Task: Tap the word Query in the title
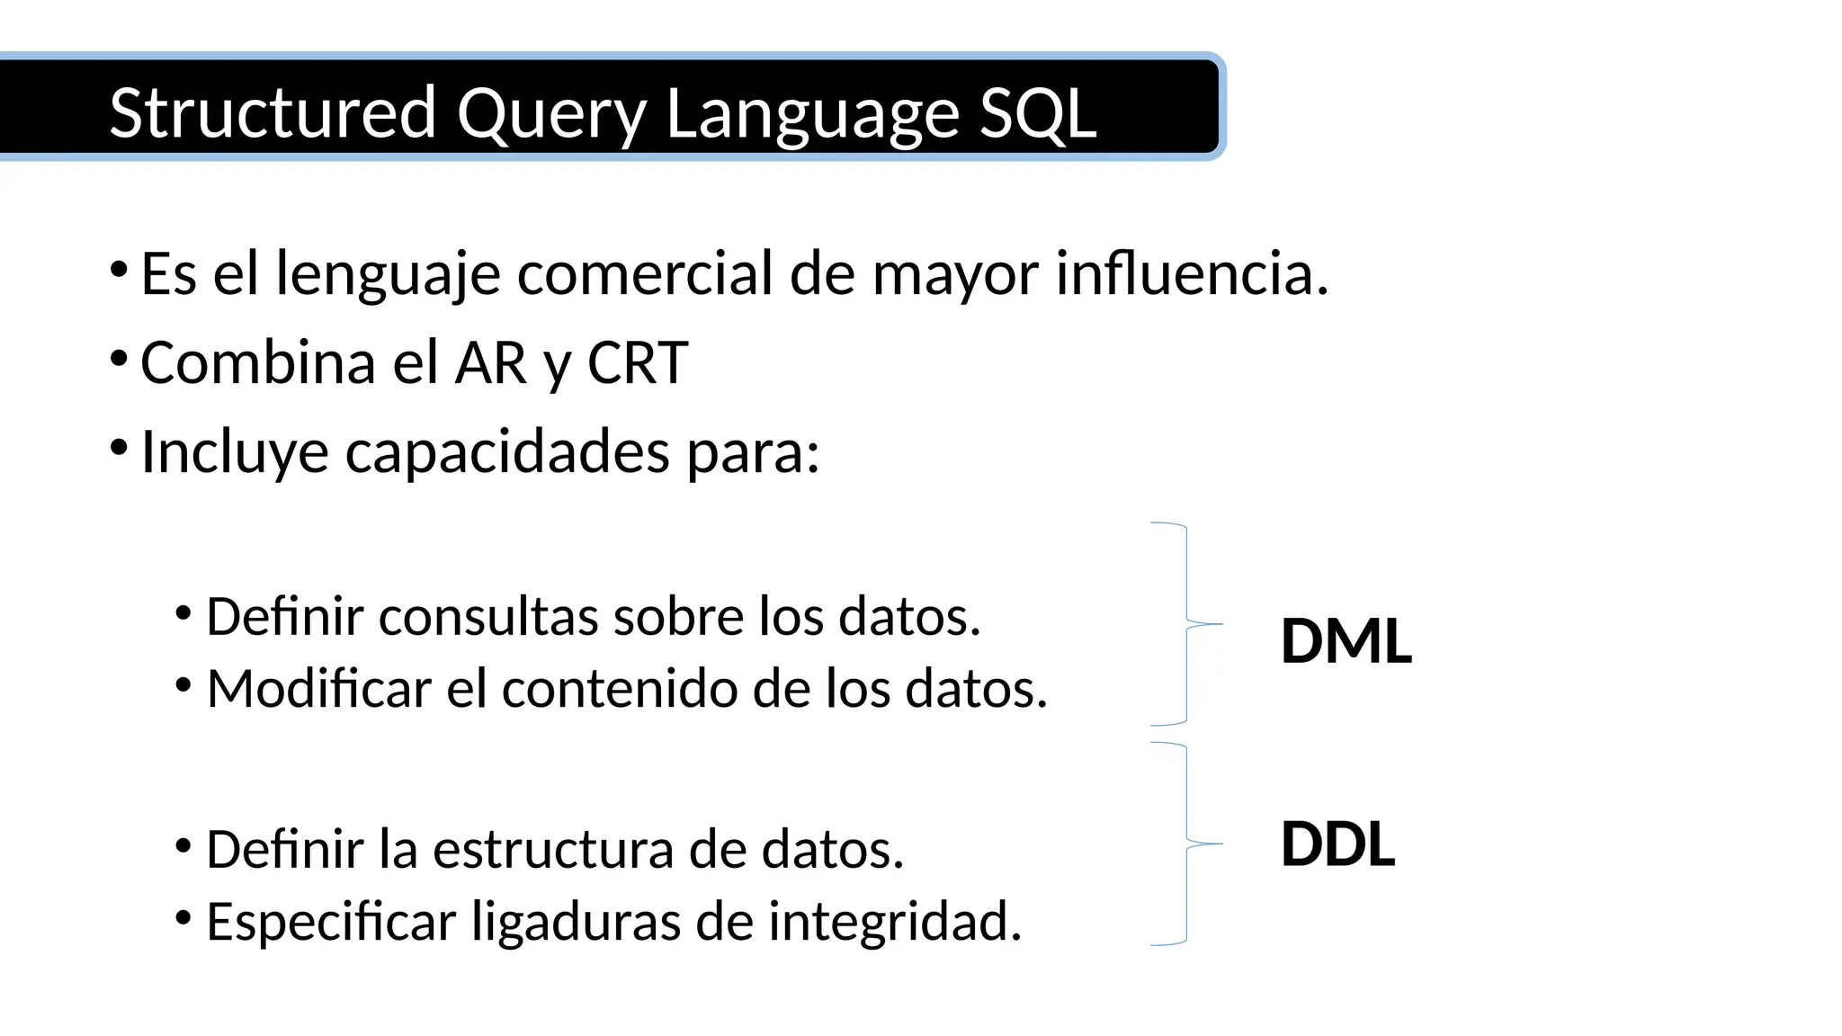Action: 551,114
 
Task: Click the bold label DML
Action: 1346,641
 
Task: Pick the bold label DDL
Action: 1337,844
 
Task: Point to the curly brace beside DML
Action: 1187,623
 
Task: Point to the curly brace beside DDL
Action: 1187,844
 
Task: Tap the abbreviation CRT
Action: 638,362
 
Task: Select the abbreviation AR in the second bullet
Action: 491,362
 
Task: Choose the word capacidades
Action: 507,451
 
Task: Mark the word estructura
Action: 552,849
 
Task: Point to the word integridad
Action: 894,922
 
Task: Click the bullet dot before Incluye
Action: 118,447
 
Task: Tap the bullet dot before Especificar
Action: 183,918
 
